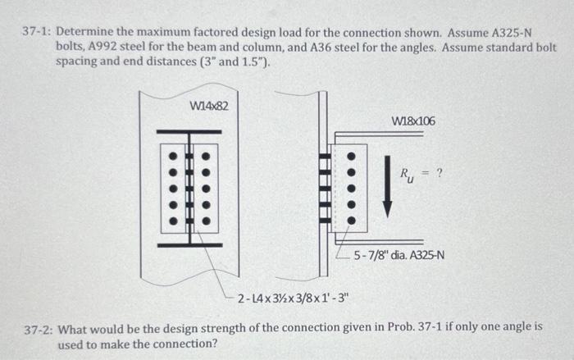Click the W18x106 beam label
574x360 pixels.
[x=414, y=121]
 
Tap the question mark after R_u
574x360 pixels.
[x=440, y=173]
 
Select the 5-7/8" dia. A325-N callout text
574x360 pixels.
[x=400, y=254]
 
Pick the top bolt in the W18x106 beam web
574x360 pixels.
[x=353, y=156]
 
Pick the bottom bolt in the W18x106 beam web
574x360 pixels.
[x=353, y=220]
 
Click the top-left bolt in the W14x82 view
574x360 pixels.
[x=173, y=156]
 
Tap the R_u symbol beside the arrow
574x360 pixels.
[x=408, y=175]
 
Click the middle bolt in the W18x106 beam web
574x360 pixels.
[x=353, y=188]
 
